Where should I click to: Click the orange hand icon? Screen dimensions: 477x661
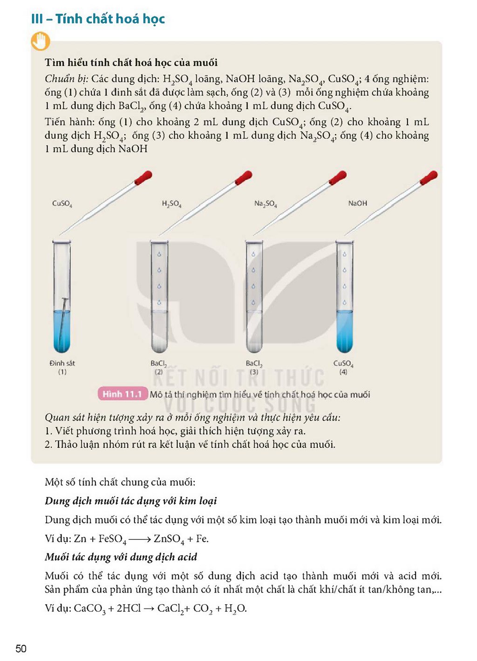(x=41, y=41)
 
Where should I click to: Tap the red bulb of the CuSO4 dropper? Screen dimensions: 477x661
(x=144, y=177)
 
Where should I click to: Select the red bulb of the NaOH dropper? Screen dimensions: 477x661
(x=429, y=177)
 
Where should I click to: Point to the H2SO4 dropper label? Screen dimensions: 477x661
(x=171, y=204)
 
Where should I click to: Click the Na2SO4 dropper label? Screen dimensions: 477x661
(x=266, y=204)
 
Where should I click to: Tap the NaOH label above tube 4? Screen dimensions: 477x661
(x=357, y=203)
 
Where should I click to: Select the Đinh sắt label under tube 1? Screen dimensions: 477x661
(x=62, y=363)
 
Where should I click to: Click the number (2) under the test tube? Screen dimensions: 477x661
(x=159, y=372)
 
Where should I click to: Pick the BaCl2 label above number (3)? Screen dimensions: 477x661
(x=254, y=363)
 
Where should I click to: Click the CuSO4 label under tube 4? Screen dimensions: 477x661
(x=343, y=363)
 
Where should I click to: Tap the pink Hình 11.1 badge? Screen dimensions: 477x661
(x=123, y=394)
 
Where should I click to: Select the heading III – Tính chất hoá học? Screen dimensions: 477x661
(x=98, y=19)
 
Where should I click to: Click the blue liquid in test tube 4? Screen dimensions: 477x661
(x=345, y=331)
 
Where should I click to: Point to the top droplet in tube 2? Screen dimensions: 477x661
(x=159, y=254)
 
